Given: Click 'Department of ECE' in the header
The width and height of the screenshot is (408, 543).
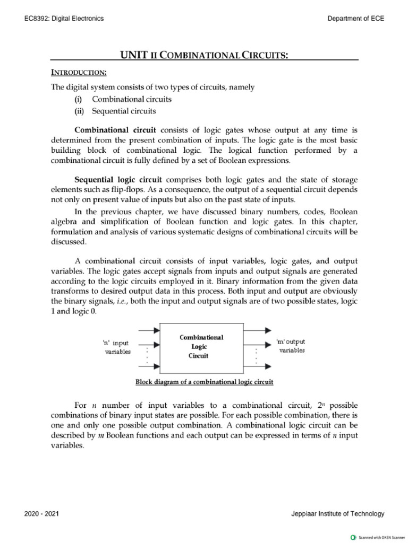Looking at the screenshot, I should (356, 19).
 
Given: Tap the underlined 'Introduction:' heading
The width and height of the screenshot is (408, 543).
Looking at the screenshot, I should (79, 72).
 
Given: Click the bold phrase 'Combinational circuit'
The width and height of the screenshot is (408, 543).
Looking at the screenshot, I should (109, 130).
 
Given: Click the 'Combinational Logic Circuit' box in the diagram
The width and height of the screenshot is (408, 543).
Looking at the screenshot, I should (201, 347).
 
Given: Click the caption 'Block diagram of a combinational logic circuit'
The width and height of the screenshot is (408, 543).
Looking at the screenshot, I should (204, 381).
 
